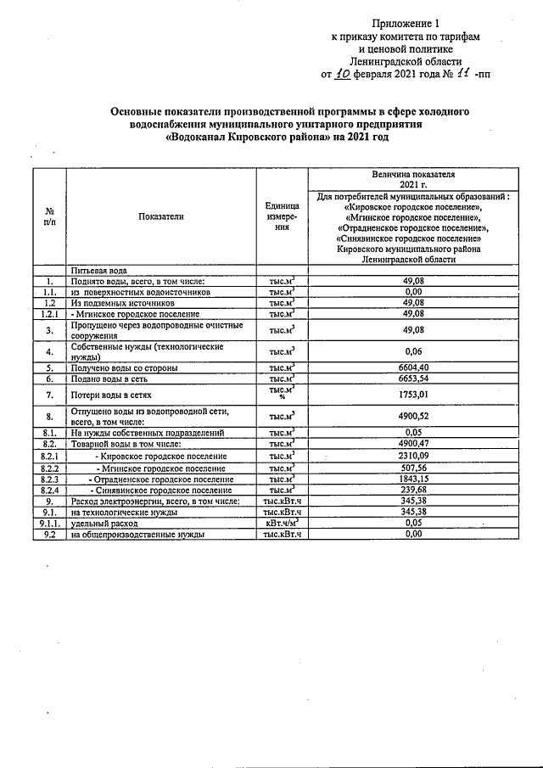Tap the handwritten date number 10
pyautogui.click(x=342, y=74)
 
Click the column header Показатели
pyautogui.click(x=161, y=216)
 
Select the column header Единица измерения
pyautogui.click(x=282, y=216)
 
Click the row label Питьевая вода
pyautogui.click(x=99, y=270)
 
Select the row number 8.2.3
pyautogui.click(x=50, y=479)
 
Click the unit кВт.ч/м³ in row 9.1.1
pyautogui.click(x=282, y=523)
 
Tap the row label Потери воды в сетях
pyautogui.click(x=111, y=395)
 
